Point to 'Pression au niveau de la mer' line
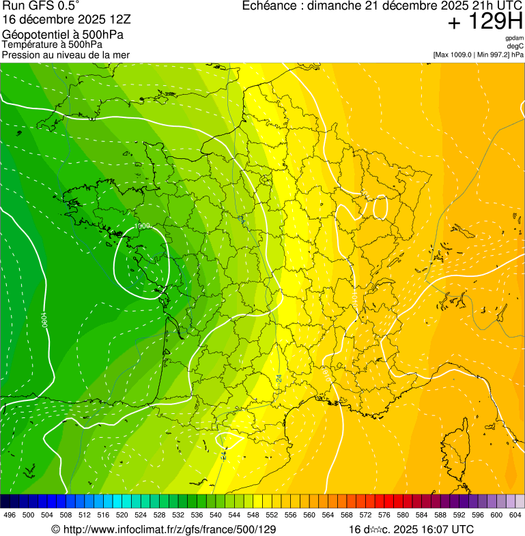coord(66,55)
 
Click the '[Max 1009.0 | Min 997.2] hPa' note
coord(478,55)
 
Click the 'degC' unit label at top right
coord(515,46)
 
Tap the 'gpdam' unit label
coord(513,38)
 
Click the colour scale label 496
coord(10,515)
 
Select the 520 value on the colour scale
coord(122,515)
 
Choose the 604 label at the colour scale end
coord(515,515)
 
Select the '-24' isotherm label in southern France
coord(279,377)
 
